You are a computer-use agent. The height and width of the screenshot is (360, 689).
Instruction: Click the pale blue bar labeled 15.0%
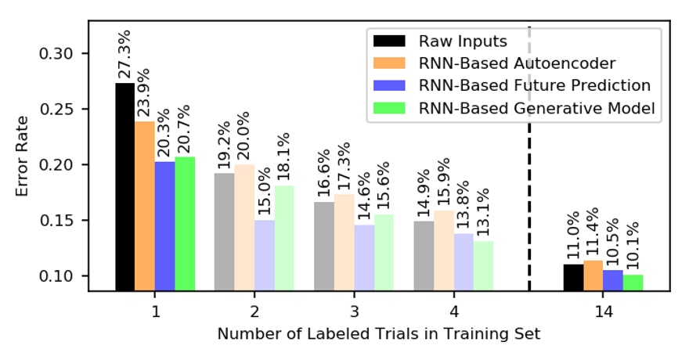pyautogui.click(x=264, y=255)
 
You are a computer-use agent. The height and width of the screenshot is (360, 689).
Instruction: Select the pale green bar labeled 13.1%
pyautogui.click(x=483, y=266)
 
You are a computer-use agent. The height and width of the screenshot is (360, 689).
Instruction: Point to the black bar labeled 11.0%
pyautogui.click(x=573, y=277)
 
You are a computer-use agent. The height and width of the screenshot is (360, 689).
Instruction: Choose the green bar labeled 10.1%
pyautogui.click(x=633, y=283)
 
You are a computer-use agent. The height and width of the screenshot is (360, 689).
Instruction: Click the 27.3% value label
pyautogui.click(x=125, y=56)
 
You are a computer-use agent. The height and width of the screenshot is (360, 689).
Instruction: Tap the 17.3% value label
pyautogui.click(x=344, y=167)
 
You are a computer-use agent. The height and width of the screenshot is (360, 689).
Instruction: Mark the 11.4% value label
pyautogui.click(x=593, y=234)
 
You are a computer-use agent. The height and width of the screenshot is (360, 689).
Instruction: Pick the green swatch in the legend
pyautogui.click(x=389, y=108)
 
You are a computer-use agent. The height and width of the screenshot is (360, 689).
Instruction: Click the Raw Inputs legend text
pyautogui.click(x=463, y=41)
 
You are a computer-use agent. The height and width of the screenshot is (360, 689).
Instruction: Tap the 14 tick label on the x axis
pyautogui.click(x=603, y=311)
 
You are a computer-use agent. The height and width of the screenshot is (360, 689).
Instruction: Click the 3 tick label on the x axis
pyautogui.click(x=354, y=311)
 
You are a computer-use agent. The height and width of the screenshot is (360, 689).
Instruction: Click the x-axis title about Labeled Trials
pyautogui.click(x=379, y=334)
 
